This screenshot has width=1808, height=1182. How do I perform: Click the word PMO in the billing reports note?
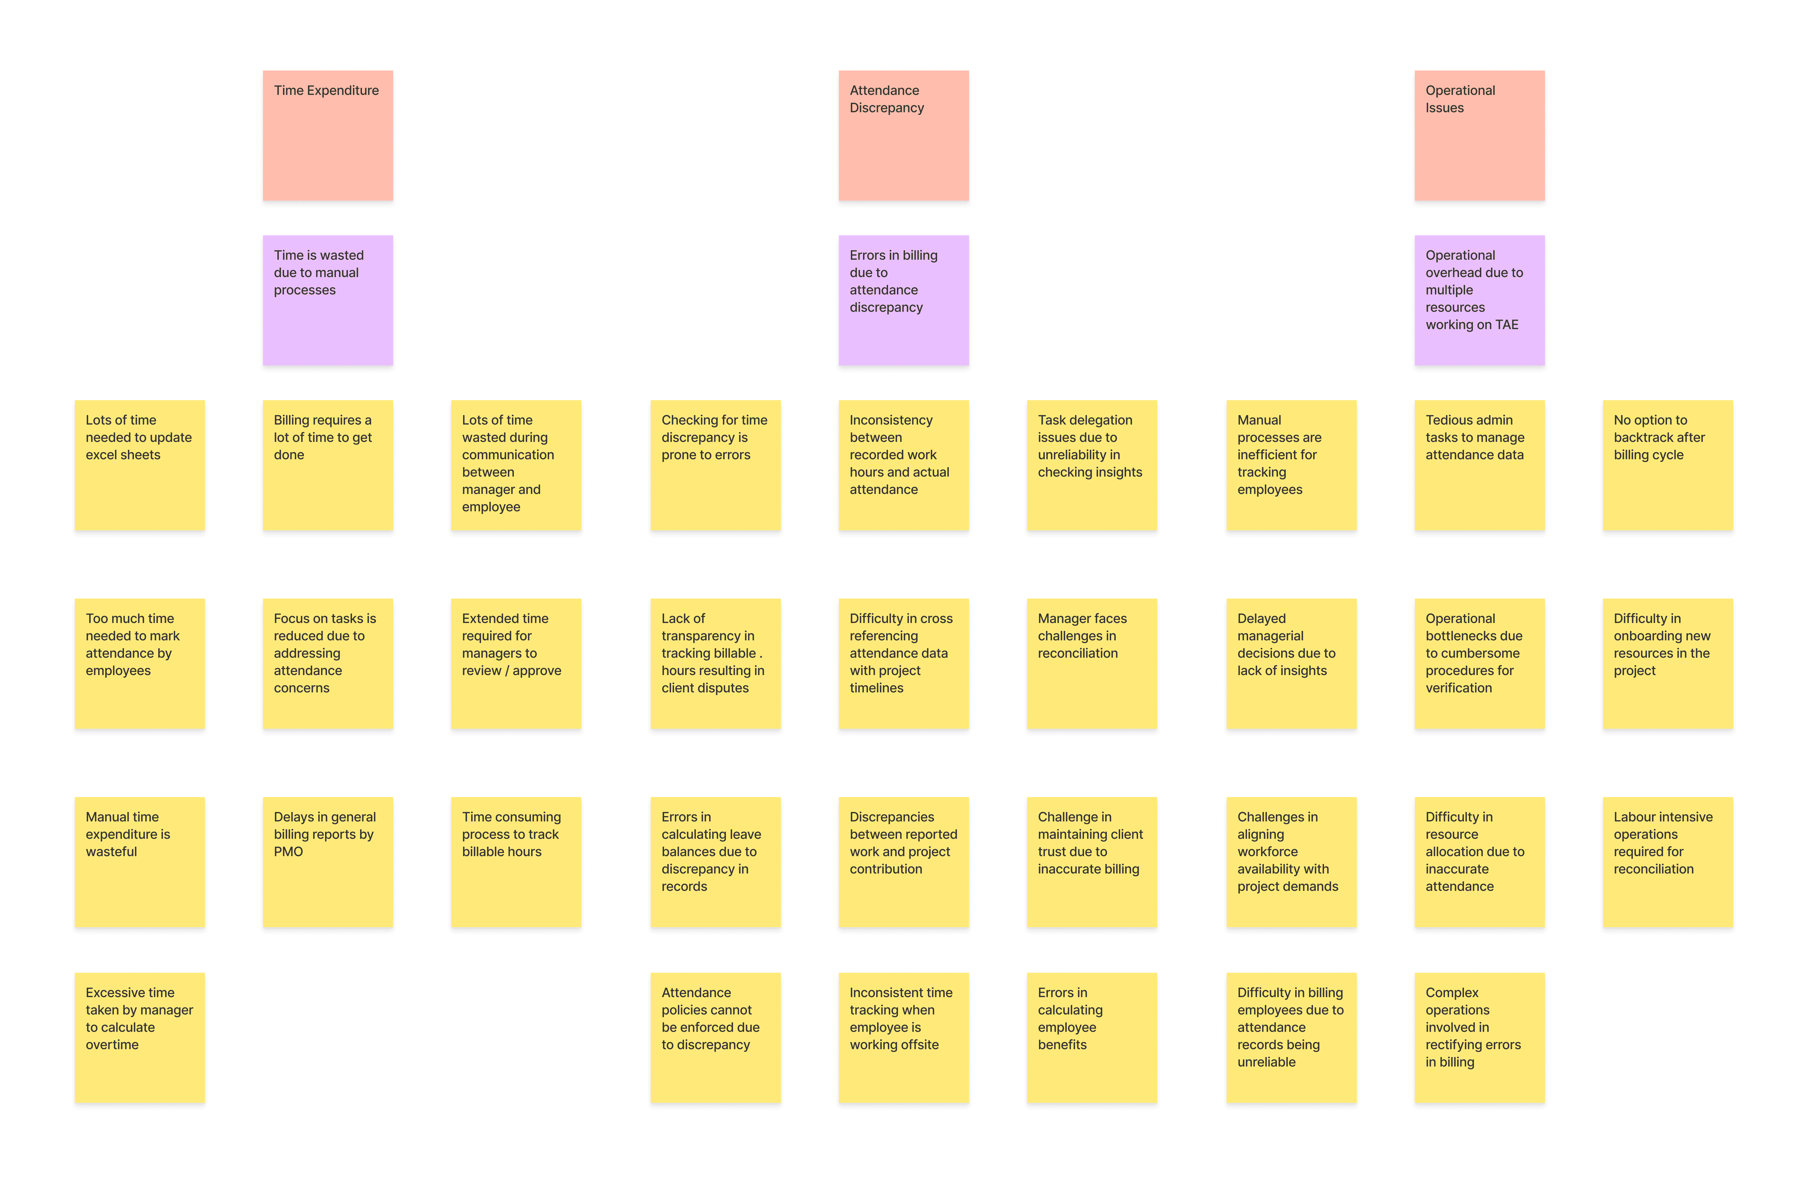[x=289, y=852]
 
